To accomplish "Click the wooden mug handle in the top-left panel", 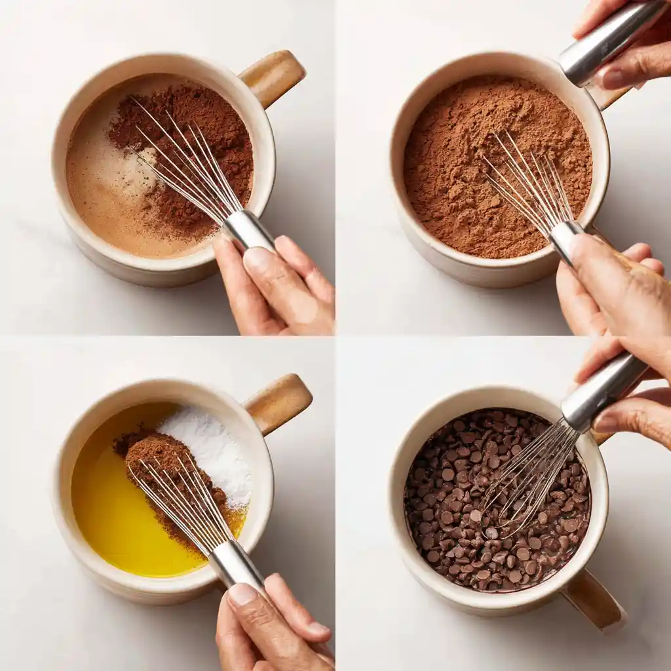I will click(275, 77).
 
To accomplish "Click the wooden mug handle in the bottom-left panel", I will click(280, 402).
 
